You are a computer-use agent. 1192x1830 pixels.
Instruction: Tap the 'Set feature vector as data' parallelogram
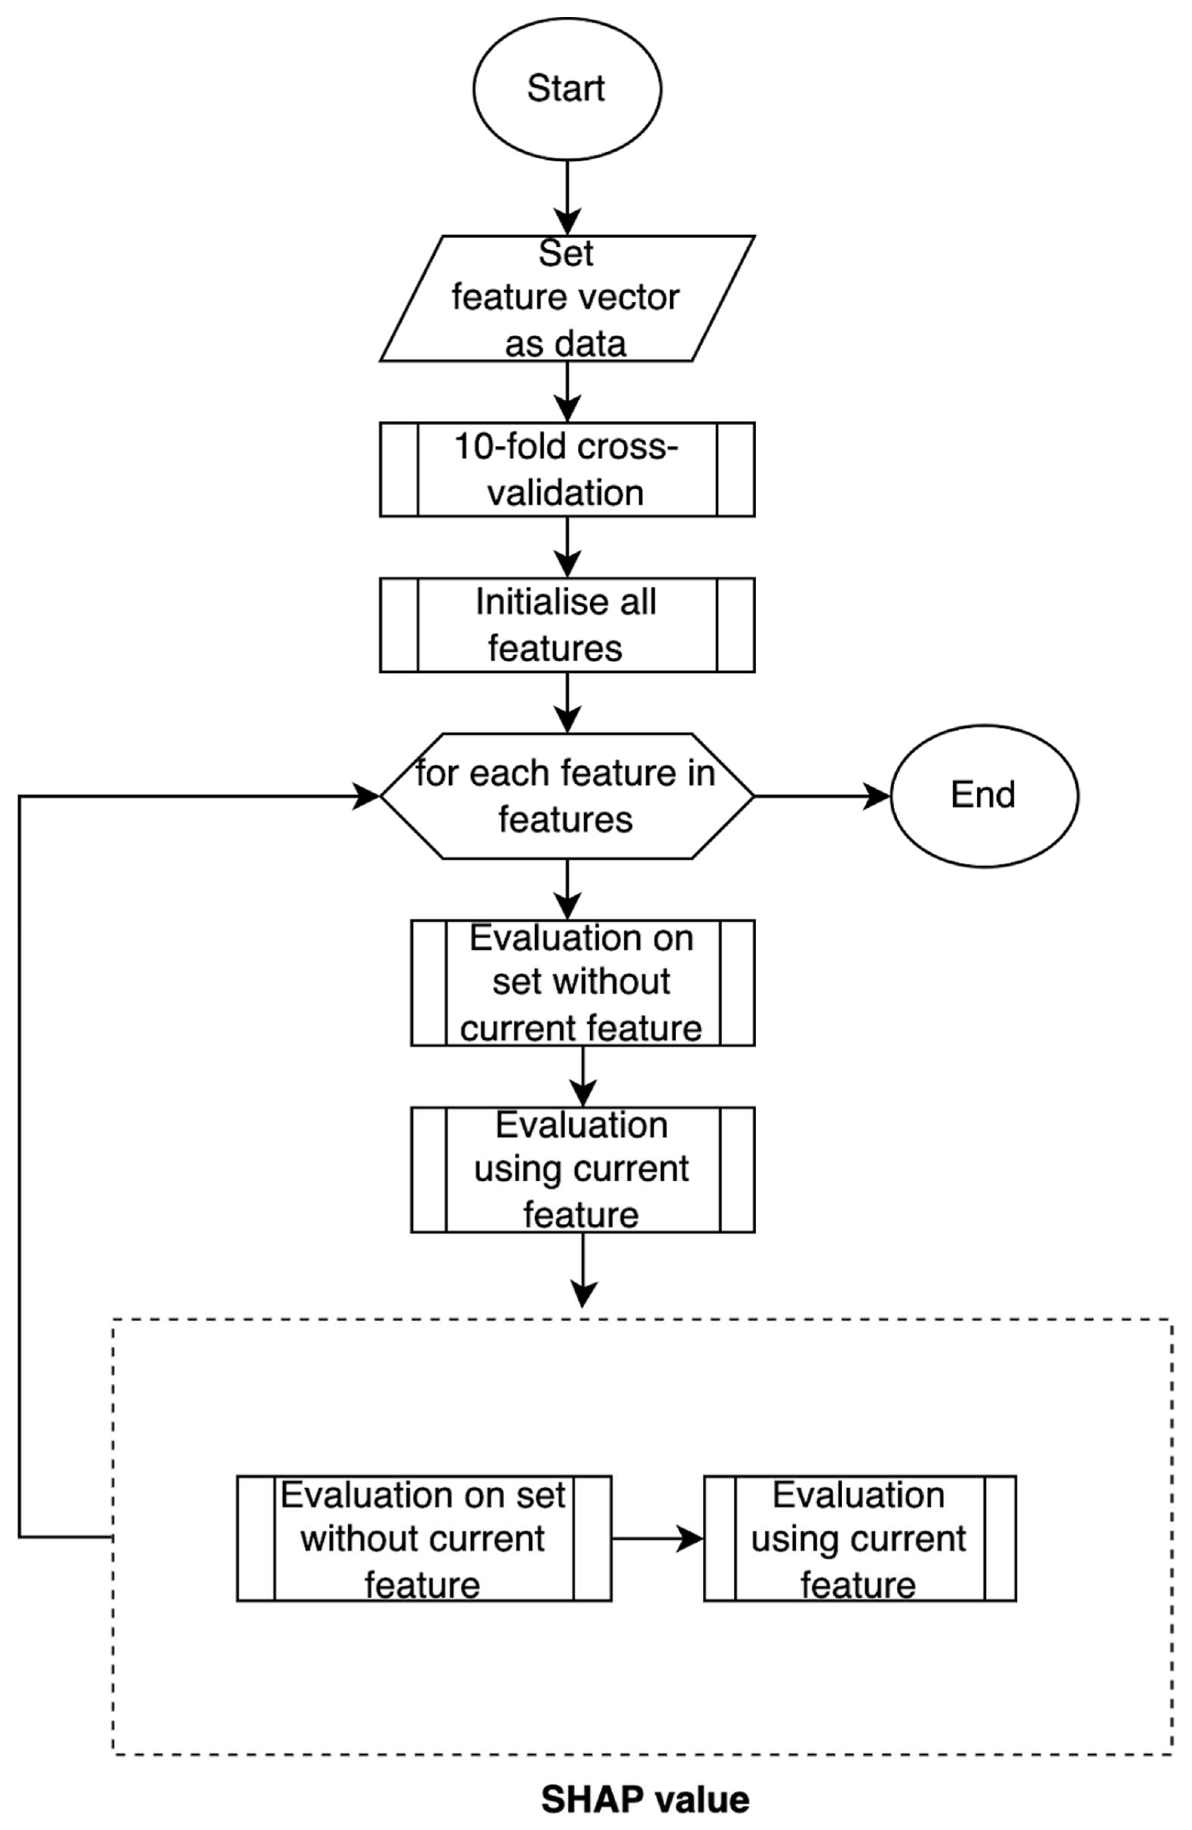567,298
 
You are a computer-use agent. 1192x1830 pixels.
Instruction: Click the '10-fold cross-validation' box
567,469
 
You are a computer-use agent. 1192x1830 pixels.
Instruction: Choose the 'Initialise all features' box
567,624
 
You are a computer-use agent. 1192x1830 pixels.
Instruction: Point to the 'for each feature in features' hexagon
567,796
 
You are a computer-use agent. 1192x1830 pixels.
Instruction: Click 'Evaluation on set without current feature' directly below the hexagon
582,983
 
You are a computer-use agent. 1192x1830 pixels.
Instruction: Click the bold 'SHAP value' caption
644,1799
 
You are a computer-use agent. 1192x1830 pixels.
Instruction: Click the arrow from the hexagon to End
821,796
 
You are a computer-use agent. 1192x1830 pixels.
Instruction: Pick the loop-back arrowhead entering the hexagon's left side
366,796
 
